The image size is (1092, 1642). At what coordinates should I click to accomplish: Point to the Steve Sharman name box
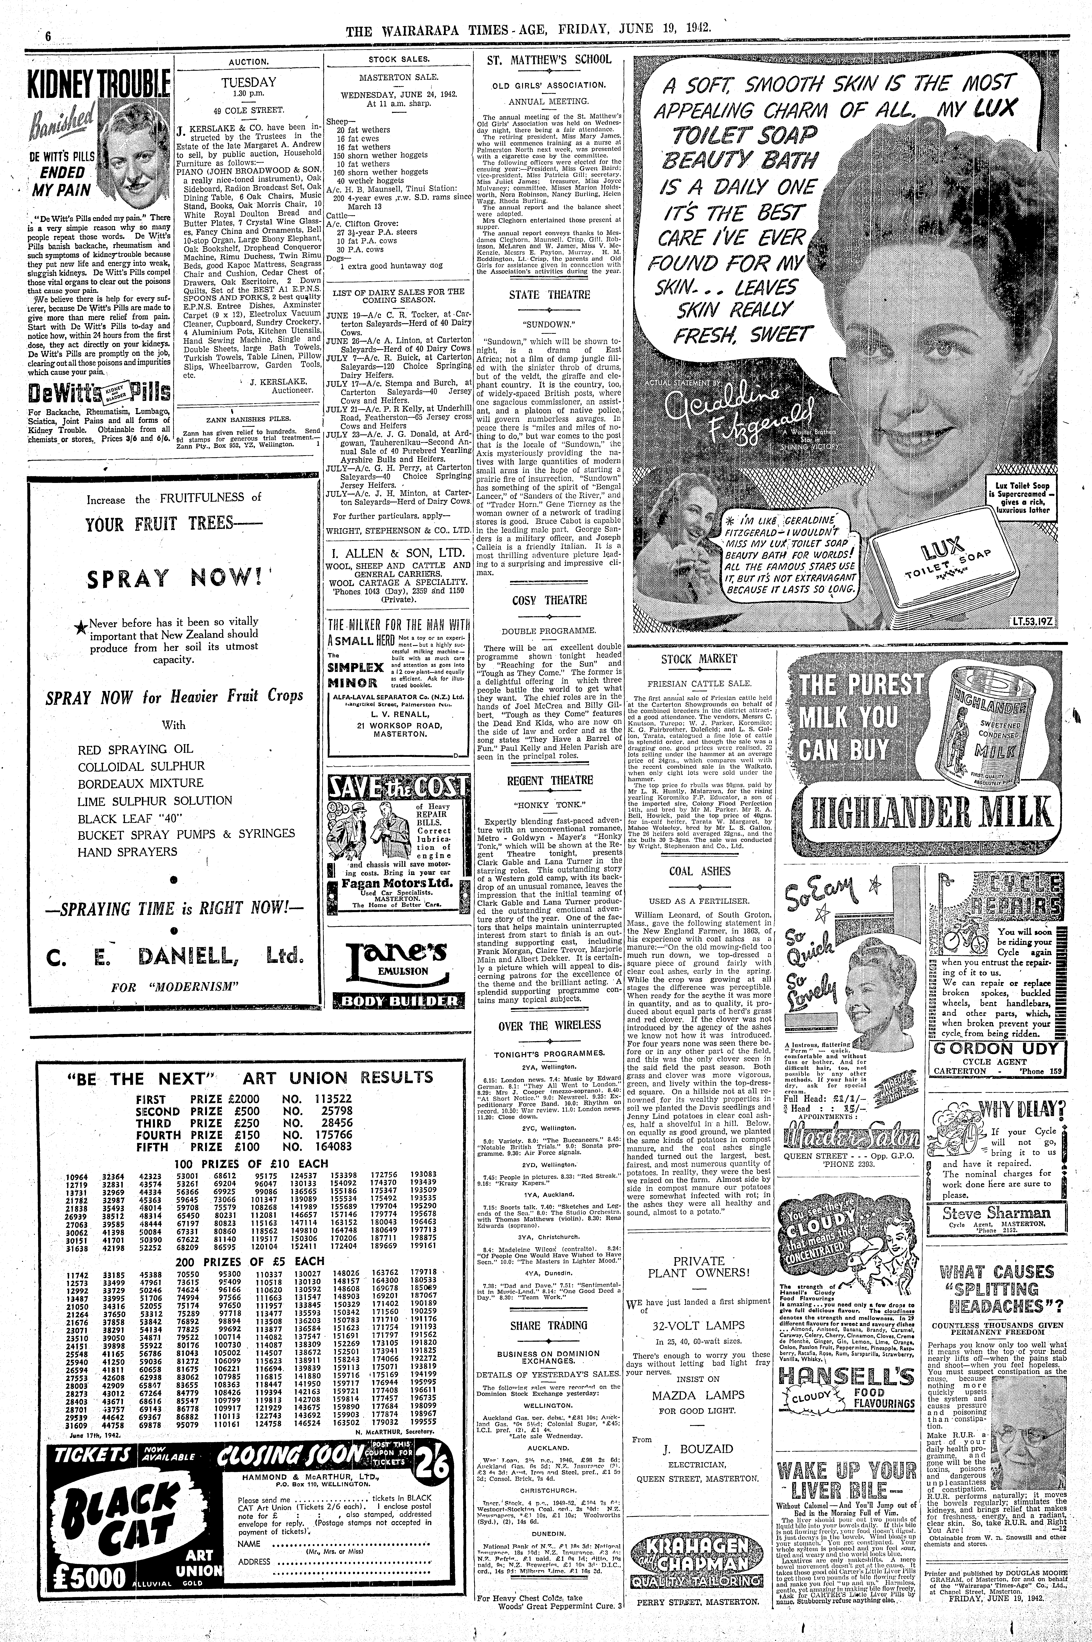tap(996, 1214)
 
